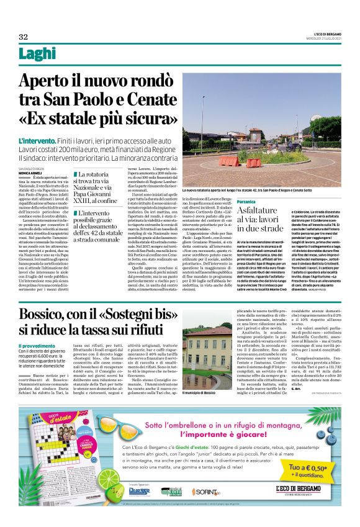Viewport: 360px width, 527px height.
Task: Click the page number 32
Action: (24, 35)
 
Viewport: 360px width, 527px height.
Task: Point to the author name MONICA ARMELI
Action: (31, 173)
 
